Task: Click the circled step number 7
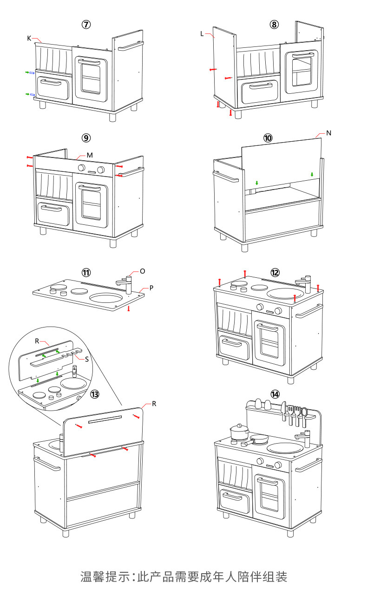[x=86, y=25]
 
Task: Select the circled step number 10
[x=268, y=138]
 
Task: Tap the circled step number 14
[x=275, y=394]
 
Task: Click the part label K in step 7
[x=29, y=38]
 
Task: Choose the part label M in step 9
[x=90, y=154]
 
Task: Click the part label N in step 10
[x=329, y=133]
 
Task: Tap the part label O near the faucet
[x=142, y=271]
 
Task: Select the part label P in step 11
[x=151, y=288]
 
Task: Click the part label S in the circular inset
[x=87, y=358]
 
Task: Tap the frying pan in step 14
[x=258, y=439]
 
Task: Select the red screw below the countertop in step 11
[x=129, y=308]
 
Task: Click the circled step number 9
[x=86, y=138]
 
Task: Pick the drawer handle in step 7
[x=52, y=82]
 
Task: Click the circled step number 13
[x=95, y=394]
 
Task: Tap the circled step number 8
[x=275, y=25]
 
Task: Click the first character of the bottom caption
[x=85, y=577]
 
